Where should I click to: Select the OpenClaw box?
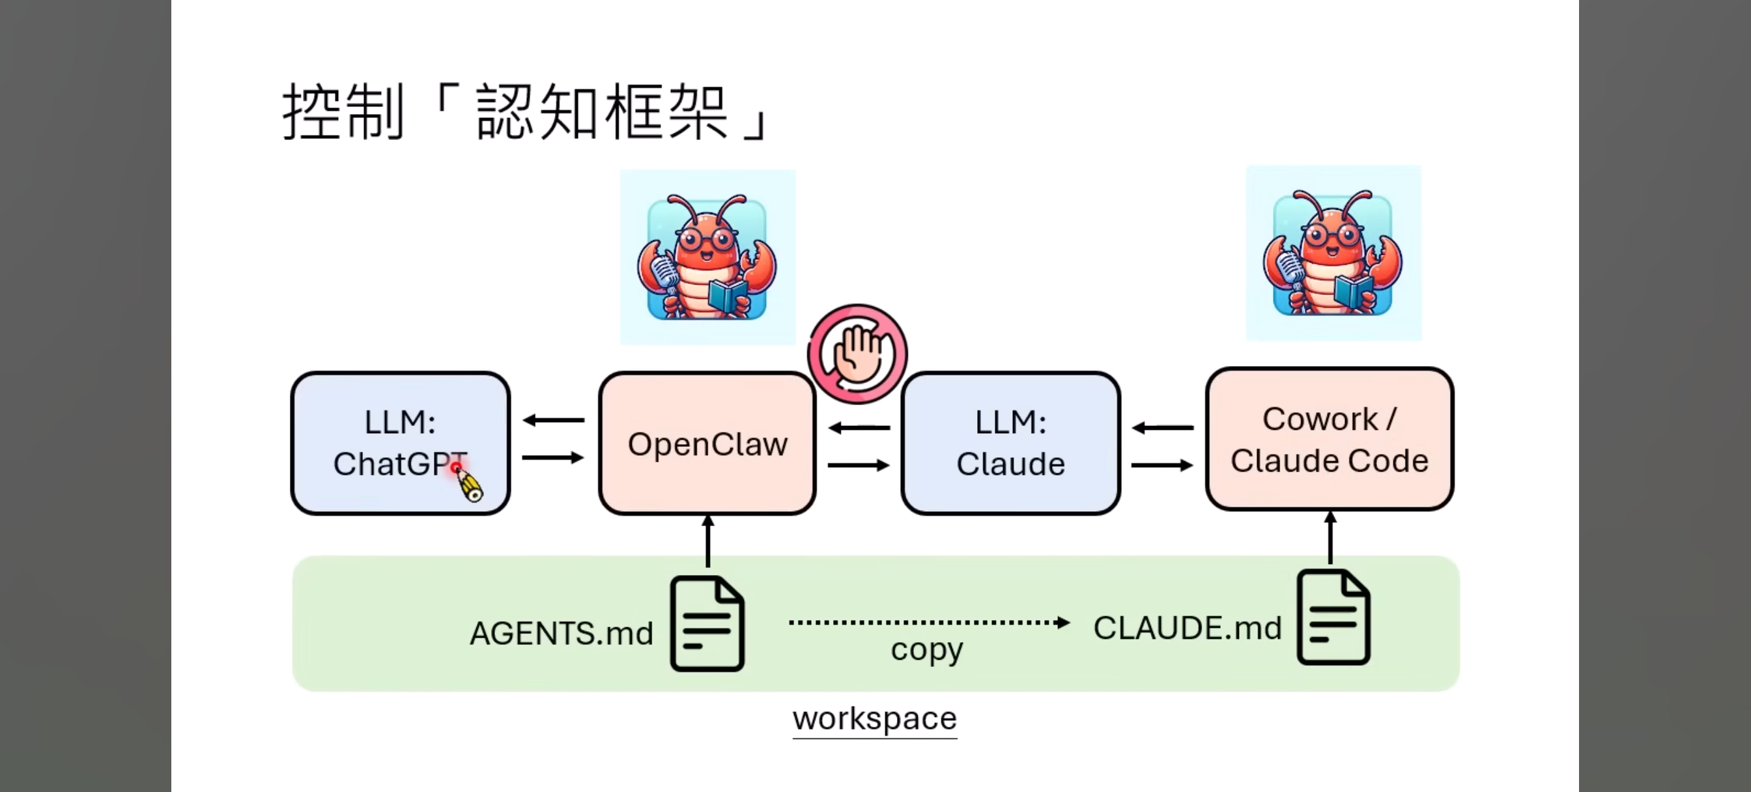[x=707, y=444]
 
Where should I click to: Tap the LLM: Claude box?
[x=1010, y=444]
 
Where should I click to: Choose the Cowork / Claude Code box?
[x=1329, y=439]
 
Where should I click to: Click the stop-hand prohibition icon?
[x=857, y=354]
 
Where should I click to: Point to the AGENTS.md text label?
[x=561, y=633]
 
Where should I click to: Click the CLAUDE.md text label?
[x=1187, y=627]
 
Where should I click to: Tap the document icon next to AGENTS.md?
[x=707, y=623]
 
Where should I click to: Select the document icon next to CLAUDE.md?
[x=1333, y=617]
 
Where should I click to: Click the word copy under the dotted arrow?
[x=926, y=650]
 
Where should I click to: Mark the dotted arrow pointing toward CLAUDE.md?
[x=928, y=622]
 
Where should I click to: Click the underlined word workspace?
[x=874, y=718]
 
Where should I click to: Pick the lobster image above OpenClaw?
[x=707, y=257]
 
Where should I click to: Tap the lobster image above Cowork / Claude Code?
[x=1332, y=253]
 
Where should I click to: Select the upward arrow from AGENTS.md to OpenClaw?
[x=707, y=541]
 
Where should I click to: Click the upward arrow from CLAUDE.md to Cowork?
[x=1330, y=537]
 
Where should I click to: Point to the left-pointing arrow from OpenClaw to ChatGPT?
[x=553, y=420]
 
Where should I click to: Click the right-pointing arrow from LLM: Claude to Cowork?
[x=1161, y=465]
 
